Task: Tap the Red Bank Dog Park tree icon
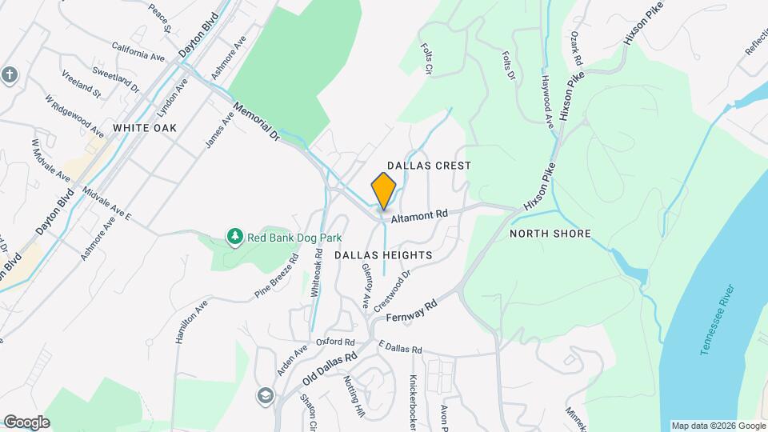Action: tap(235, 237)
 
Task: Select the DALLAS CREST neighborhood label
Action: tap(429, 165)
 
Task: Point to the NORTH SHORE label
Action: tap(550, 234)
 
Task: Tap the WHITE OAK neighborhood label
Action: tap(144, 127)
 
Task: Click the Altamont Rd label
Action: tap(418, 216)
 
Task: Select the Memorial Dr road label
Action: tap(257, 122)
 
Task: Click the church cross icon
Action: tap(10, 75)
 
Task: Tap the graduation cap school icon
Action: tap(265, 396)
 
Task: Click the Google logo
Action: tap(26, 422)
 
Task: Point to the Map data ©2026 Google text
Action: tap(718, 425)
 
